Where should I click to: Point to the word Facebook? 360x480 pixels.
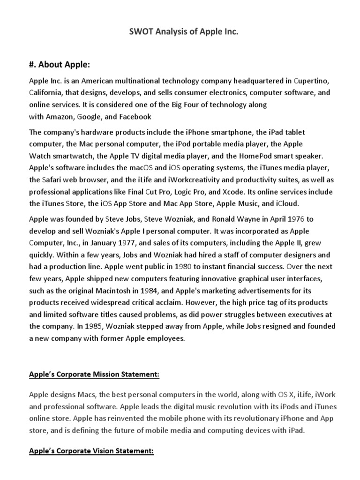click(x=135, y=116)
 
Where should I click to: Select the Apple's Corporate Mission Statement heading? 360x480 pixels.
click(x=94, y=375)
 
